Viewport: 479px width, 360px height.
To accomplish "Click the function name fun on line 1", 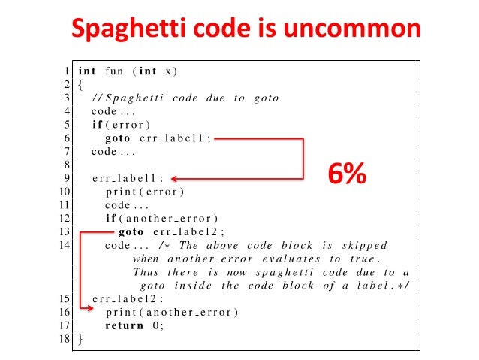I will pyautogui.click(x=114, y=71).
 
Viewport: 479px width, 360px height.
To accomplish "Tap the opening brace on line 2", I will pyautogui.click(x=80, y=85).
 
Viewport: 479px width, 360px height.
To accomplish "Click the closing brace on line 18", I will pyautogui.click(x=80, y=340).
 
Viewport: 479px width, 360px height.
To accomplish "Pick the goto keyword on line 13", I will pyautogui.click(x=131, y=231).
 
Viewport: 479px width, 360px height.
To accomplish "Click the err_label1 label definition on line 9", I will pyautogui.click(x=127, y=178).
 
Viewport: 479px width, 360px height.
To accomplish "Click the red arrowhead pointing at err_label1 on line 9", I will pyautogui.click(x=175, y=179).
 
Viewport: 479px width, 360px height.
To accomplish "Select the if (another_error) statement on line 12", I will pyautogui.click(x=161, y=218).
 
